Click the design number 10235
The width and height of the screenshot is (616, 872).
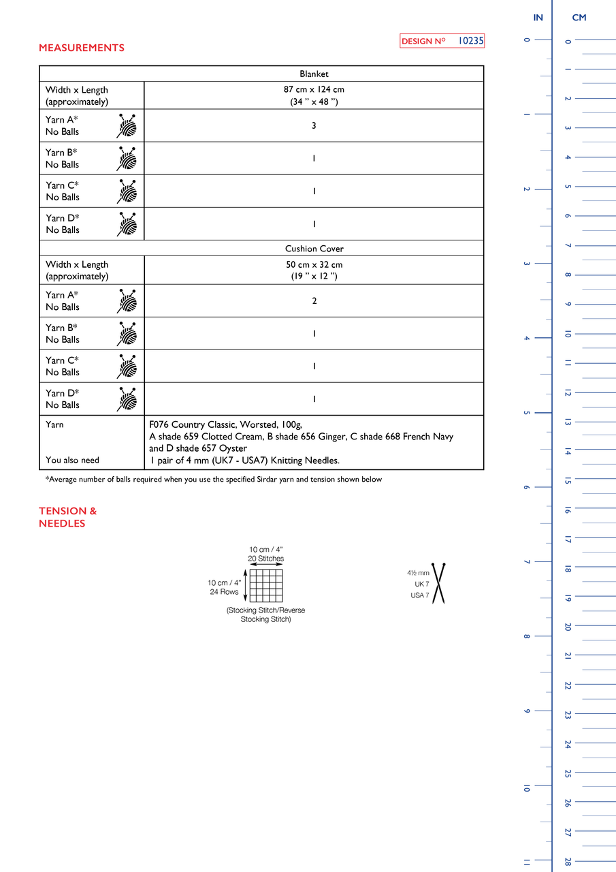pyautogui.click(x=470, y=41)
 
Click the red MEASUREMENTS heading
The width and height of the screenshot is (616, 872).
pyautogui.click(x=82, y=48)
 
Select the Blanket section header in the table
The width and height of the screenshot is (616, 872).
pyautogui.click(x=314, y=74)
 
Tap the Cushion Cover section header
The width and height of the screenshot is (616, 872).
pyautogui.click(x=314, y=249)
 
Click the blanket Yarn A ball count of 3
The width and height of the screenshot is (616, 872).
pyautogui.click(x=314, y=125)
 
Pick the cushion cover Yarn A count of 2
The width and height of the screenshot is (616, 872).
pyautogui.click(x=314, y=300)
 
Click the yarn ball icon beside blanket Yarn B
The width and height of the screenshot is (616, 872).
pyautogui.click(x=127, y=159)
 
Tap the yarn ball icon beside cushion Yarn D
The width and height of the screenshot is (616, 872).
pyautogui.click(x=127, y=399)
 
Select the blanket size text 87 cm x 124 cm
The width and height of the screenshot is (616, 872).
pyautogui.click(x=314, y=89)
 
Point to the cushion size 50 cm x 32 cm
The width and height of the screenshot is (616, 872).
pyautogui.click(x=314, y=264)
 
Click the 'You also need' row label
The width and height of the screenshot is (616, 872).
pyautogui.click(x=72, y=460)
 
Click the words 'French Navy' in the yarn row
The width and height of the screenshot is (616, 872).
pyautogui.click(x=427, y=437)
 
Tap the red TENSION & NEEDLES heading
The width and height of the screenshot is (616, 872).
pyautogui.click(x=67, y=517)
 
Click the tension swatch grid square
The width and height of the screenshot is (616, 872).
pyautogui.click(x=265, y=586)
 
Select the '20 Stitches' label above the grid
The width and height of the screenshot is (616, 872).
pyautogui.click(x=265, y=559)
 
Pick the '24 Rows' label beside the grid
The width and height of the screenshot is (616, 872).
pyautogui.click(x=224, y=592)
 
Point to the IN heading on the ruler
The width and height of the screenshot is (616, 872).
pyautogui.click(x=538, y=18)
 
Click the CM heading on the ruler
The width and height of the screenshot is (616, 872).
pyautogui.click(x=579, y=18)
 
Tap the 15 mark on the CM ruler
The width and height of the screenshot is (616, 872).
pyautogui.click(x=568, y=481)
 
